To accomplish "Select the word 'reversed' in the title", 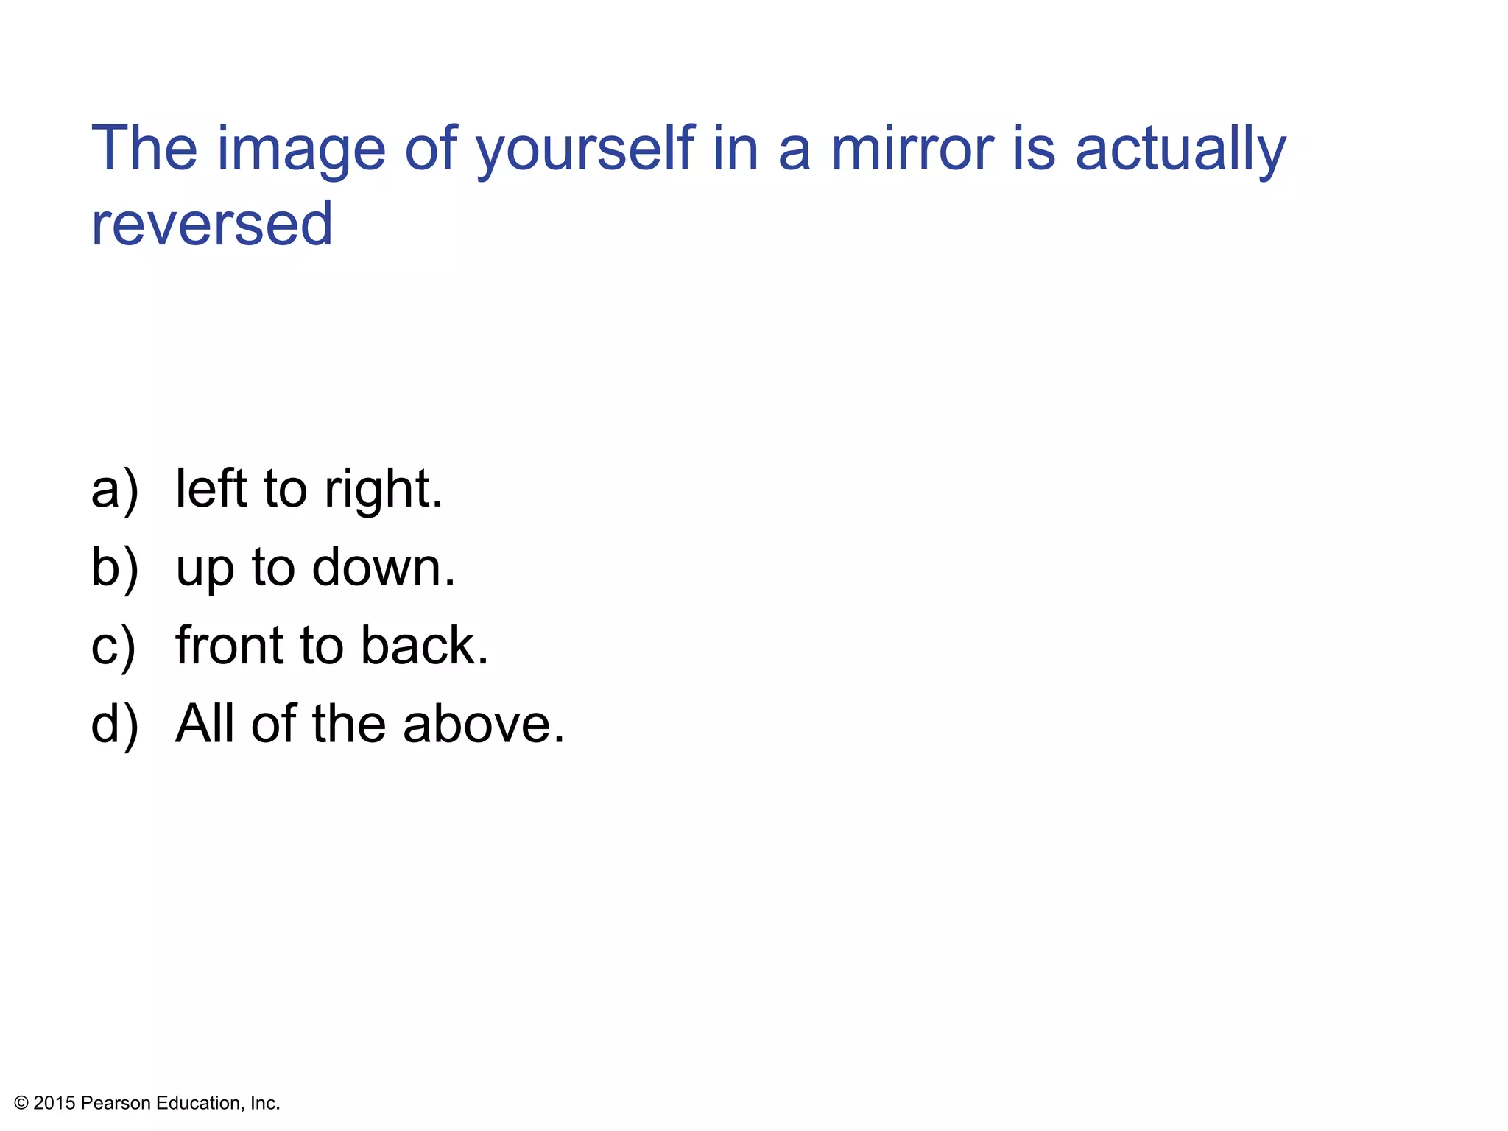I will tap(212, 224).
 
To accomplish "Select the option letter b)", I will tap(114, 568).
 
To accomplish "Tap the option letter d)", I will tap(114, 725).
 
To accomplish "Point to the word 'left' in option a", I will tap(211, 488).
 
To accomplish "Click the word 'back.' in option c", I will tap(425, 646).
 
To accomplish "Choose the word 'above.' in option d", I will tap(484, 724).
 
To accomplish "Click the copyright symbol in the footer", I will tap(21, 1103).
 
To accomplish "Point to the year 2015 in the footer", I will tap(54, 1103).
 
